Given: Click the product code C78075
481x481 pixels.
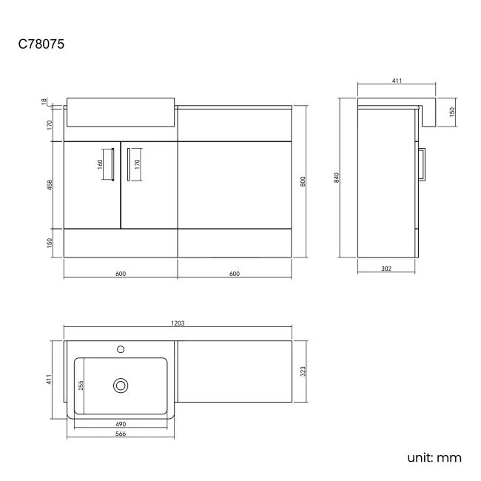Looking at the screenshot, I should [41, 44].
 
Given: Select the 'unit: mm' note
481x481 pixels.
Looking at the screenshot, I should [434, 457].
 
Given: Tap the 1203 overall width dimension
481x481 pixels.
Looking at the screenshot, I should [178, 323].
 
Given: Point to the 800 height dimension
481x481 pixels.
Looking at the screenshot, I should [303, 182].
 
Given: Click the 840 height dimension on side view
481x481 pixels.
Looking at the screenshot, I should [337, 178].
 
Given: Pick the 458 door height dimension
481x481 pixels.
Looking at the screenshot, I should [49, 184].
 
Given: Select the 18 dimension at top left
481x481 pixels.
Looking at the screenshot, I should [44, 101].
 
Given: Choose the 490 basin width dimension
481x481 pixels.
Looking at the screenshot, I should [121, 424].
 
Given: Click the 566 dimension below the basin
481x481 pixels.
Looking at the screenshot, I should [121, 434].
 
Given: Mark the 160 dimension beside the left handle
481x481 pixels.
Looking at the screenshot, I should [100, 164].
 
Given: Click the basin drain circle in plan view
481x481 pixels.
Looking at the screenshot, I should [121, 385].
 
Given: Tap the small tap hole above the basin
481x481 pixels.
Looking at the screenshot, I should [121, 348].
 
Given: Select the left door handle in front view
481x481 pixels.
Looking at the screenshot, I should [112, 164].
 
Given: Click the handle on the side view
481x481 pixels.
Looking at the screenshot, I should [424, 164].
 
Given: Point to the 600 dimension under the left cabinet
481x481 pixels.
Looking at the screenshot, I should [121, 274].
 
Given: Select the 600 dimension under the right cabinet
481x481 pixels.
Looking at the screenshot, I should [235, 274].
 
